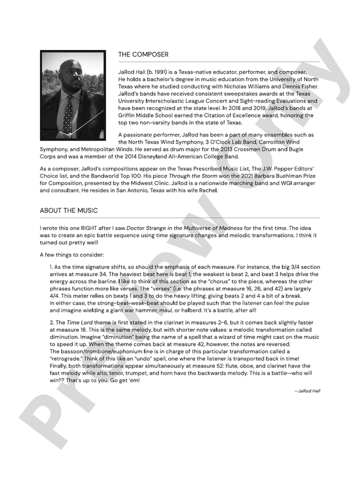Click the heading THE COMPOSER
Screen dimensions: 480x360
[x=143, y=55]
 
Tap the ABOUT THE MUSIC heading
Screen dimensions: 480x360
[x=69, y=210]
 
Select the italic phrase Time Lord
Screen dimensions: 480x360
[x=80, y=324]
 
